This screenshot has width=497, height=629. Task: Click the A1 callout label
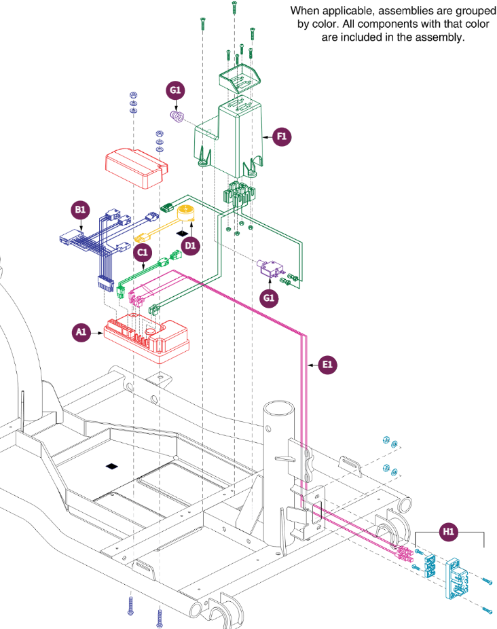point(81,332)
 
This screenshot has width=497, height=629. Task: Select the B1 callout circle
point(80,210)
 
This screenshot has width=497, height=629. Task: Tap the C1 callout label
point(143,252)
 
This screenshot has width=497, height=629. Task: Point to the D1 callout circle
point(190,245)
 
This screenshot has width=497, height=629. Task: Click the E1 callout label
point(327,365)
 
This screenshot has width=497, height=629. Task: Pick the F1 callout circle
point(282,137)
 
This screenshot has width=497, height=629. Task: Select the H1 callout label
point(448,532)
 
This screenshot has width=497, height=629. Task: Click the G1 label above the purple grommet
point(175,90)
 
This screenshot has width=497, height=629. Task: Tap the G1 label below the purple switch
point(269,298)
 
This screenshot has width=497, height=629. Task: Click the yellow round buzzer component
point(186,213)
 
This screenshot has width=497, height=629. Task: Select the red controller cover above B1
point(136,168)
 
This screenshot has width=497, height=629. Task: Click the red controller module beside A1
point(147,337)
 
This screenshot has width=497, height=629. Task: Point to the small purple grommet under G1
point(177,116)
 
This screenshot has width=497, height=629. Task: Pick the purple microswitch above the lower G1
point(271,267)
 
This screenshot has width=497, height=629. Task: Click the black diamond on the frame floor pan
point(112,466)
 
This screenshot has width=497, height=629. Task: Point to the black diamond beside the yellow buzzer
point(183,233)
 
